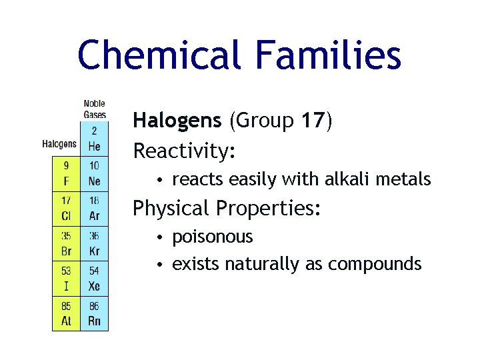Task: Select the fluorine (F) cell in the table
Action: click(x=66, y=174)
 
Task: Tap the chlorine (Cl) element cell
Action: click(x=66, y=209)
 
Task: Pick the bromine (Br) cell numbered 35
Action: click(x=66, y=243)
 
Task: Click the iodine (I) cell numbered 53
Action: click(x=66, y=278)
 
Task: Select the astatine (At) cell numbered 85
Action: click(x=66, y=313)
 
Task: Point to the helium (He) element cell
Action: click(x=94, y=139)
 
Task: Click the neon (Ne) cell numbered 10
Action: click(x=94, y=174)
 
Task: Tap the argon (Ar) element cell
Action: click(x=94, y=209)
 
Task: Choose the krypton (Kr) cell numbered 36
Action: click(x=94, y=243)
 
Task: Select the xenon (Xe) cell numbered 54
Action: click(x=94, y=278)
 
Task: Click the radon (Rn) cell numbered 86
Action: click(x=94, y=313)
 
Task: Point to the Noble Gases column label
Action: click(x=94, y=109)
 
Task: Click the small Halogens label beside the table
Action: click(x=59, y=143)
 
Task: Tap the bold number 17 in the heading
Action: click(x=313, y=121)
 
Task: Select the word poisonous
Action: click(x=213, y=237)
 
